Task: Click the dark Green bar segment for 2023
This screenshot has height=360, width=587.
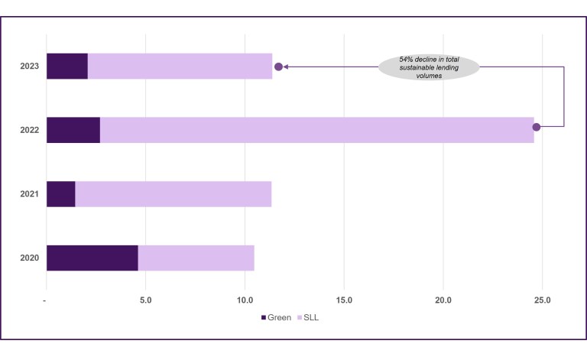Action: (x=67, y=66)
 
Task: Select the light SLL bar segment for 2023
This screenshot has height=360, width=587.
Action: (x=180, y=66)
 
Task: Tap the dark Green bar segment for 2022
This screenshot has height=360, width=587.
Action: (x=73, y=130)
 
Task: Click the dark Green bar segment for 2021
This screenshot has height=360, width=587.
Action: (x=61, y=194)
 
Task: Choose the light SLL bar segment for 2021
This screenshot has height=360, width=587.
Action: (x=173, y=194)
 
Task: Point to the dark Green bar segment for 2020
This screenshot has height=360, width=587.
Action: (x=92, y=258)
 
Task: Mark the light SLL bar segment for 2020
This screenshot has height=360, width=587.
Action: (x=196, y=258)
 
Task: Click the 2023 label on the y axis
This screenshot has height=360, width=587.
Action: (x=30, y=66)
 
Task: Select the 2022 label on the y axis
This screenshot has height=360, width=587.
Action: (x=30, y=130)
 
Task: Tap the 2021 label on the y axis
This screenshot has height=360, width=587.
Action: (x=30, y=194)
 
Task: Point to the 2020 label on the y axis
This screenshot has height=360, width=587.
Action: (x=30, y=258)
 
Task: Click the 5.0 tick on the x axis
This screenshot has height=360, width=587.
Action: (x=146, y=300)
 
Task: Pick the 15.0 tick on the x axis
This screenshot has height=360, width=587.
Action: (x=344, y=300)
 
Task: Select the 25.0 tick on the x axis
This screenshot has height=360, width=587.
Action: (x=542, y=300)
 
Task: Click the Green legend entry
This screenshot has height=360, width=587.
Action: (x=276, y=317)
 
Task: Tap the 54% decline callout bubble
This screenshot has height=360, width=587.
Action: (x=429, y=66)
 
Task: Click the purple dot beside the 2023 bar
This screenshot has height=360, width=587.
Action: (x=279, y=66)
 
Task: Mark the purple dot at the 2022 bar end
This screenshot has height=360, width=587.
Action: (x=537, y=127)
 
